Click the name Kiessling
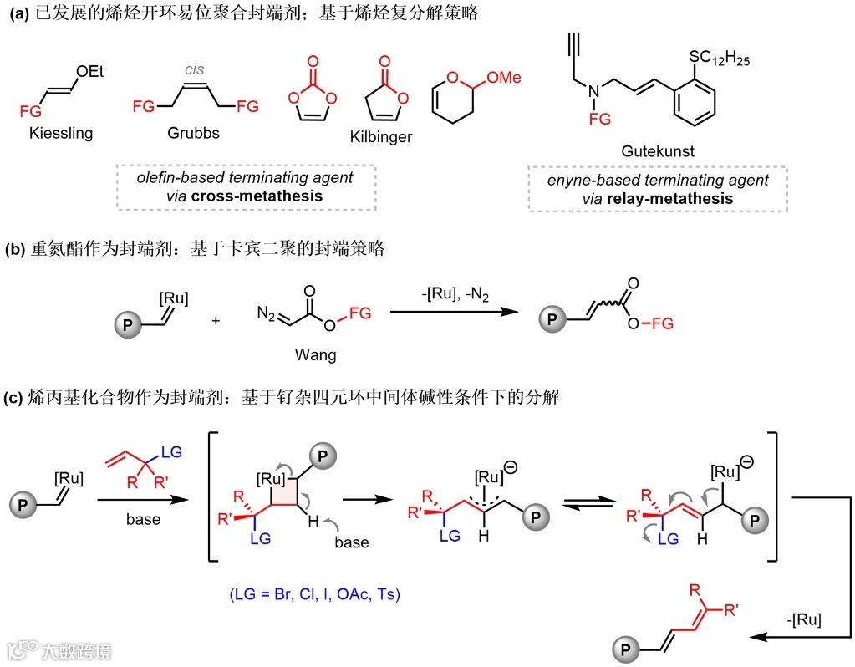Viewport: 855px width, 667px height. (x=59, y=133)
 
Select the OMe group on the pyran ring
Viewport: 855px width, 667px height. (x=505, y=78)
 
